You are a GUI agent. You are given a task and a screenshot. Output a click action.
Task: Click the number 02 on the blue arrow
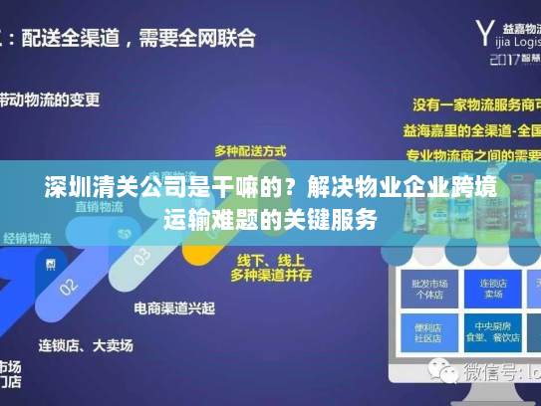pyautogui.click(x=69, y=286)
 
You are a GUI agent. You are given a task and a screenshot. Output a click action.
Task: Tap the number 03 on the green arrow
pyautogui.click(x=141, y=254)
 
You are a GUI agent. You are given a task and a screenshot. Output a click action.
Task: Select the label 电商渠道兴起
pyautogui.click(x=176, y=307)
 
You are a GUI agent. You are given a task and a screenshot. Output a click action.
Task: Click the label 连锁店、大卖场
pyautogui.click(x=85, y=345)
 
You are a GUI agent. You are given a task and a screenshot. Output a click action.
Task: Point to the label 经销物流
pyautogui.click(x=27, y=238)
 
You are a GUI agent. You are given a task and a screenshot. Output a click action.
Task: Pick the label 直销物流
pyautogui.click(x=98, y=207)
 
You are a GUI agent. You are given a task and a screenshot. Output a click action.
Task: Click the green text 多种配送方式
pyautogui.click(x=249, y=151)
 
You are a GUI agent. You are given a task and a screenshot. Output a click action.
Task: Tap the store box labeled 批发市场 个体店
pyautogui.click(x=418, y=288)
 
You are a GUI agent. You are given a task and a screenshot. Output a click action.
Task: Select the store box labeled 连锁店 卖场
pyautogui.click(x=488, y=288)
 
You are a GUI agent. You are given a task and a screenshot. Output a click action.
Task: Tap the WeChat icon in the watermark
pyautogui.click(x=438, y=373)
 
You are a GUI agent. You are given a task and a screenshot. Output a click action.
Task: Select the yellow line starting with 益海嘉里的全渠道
pyautogui.click(x=472, y=129)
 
